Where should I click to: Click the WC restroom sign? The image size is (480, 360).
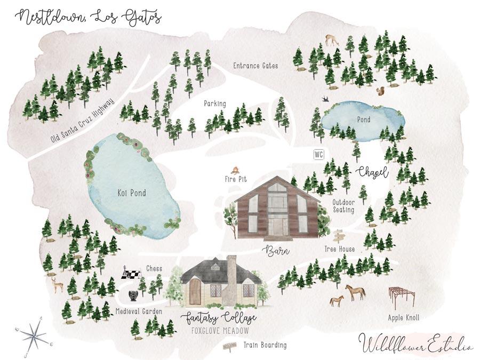tap(319, 155)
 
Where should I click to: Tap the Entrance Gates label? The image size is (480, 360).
tap(255, 66)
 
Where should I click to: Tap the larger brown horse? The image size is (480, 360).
tap(356, 291)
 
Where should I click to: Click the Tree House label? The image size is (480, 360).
tap(339, 249)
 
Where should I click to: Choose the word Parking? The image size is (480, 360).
tap(215, 103)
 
